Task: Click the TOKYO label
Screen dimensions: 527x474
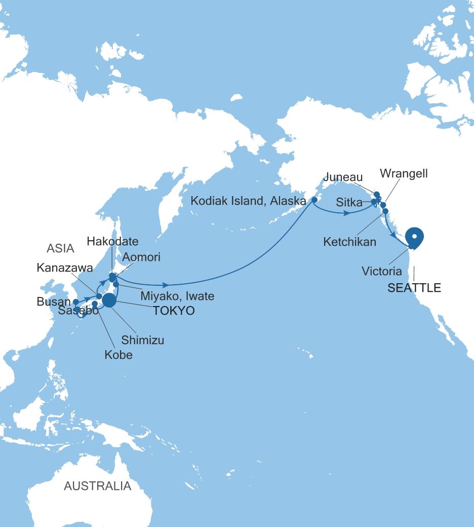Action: [x=174, y=311]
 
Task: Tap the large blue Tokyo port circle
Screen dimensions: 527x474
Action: [x=109, y=301]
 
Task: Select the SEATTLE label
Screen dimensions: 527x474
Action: [x=414, y=288]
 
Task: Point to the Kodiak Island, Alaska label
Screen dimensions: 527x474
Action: [x=248, y=201]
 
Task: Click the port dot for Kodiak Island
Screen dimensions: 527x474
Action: [x=314, y=200]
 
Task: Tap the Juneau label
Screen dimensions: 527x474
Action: [x=343, y=177]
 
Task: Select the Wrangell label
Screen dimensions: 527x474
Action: [x=404, y=174]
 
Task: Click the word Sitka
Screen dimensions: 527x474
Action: [x=349, y=203]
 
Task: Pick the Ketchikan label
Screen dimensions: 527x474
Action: [x=349, y=242]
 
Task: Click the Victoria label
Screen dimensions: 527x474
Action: [x=382, y=272]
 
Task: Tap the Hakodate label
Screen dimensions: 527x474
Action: [x=112, y=241]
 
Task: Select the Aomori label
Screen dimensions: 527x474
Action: [x=141, y=257]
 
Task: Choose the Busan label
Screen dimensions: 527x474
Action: [x=54, y=302]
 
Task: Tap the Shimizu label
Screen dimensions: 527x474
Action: [x=142, y=340]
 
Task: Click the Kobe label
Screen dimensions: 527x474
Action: [x=118, y=355]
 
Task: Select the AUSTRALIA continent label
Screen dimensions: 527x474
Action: [x=97, y=486]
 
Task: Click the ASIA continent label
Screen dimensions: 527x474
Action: [x=60, y=248]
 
